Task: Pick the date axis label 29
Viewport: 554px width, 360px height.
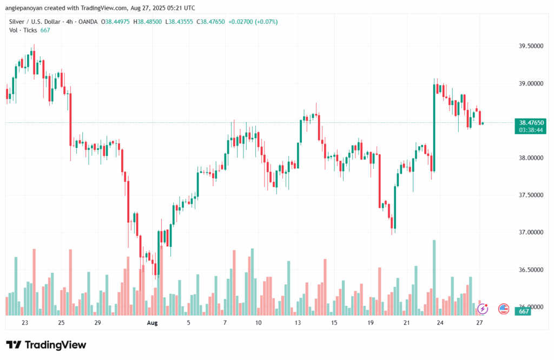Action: (x=97, y=323)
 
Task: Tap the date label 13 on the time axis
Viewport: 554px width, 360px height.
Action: (x=297, y=323)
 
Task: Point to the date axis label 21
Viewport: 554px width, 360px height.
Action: (x=406, y=323)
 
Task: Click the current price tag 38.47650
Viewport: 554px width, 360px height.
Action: (x=531, y=122)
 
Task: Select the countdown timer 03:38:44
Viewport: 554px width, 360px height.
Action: (x=531, y=130)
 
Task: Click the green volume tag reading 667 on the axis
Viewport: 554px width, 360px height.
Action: (x=524, y=311)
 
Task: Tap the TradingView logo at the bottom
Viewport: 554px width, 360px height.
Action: (x=46, y=345)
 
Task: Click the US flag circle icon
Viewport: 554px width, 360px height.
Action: (x=504, y=309)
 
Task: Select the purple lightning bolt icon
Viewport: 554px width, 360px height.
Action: (x=483, y=309)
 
